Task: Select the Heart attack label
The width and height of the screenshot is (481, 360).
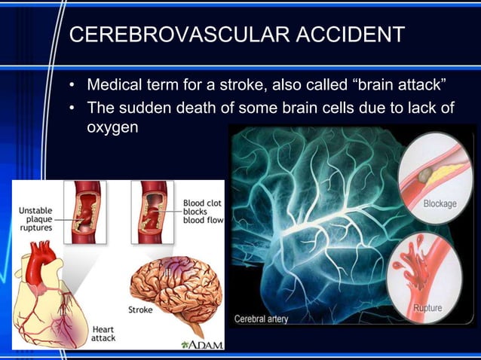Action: click(x=103, y=334)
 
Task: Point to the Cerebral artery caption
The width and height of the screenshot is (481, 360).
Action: click(x=262, y=319)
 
